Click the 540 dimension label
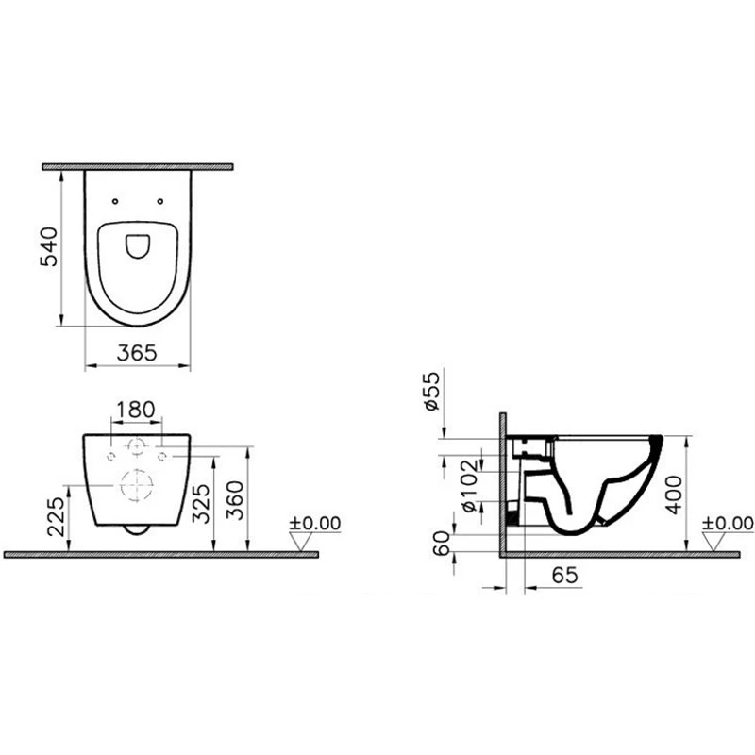(x=49, y=246)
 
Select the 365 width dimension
(x=137, y=353)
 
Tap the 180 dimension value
(x=136, y=410)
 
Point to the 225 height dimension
(x=56, y=516)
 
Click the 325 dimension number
(x=200, y=504)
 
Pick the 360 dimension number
(x=235, y=500)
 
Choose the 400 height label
(x=674, y=495)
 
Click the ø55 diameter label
(x=432, y=391)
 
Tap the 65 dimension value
(x=564, y=575)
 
